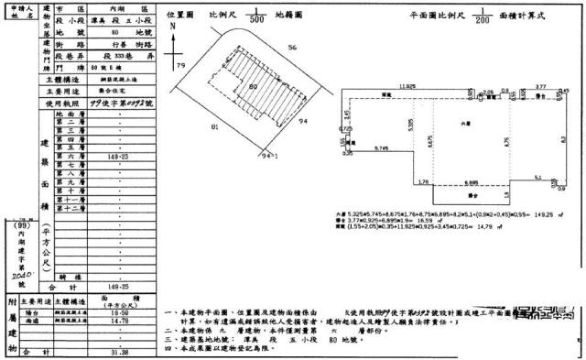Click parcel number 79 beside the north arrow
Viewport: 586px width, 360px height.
[180, 67]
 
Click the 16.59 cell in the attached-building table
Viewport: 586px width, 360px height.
[118, 313]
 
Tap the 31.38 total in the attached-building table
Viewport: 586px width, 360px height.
[118, 352]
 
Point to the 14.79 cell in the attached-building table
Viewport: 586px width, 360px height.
[118, 322]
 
